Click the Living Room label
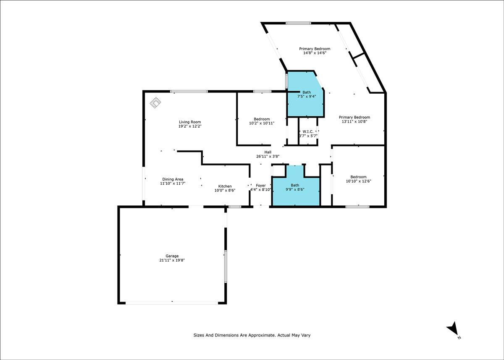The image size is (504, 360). point(190,122)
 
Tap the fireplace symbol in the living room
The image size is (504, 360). point(155,102)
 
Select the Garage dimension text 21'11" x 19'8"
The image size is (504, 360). point(172,260)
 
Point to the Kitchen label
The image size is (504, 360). point(225,186)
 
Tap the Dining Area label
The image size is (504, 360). point(173,179)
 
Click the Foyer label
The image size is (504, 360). point(261,185)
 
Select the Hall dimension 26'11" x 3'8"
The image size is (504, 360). point(268,156)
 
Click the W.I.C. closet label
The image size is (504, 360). point(308,131)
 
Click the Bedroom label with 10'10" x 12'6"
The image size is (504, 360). point(358,177)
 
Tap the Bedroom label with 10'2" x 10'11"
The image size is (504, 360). point(262,119)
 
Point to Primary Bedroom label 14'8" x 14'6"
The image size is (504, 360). point(315,49)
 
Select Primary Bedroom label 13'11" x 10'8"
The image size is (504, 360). point(354,117)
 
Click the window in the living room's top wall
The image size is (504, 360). point(189,91)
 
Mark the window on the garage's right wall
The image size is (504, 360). point(226,267)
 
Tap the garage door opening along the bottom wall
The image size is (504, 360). point(172,303)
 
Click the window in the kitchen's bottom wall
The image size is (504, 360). point(235,207)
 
